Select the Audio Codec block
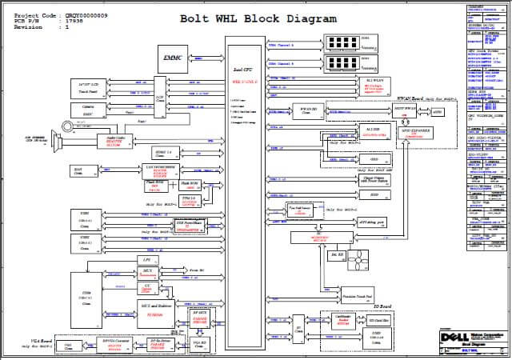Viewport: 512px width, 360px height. point(117,141)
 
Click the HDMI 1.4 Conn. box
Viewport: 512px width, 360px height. point(162,152)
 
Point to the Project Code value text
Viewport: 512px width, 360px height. point(86,15)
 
